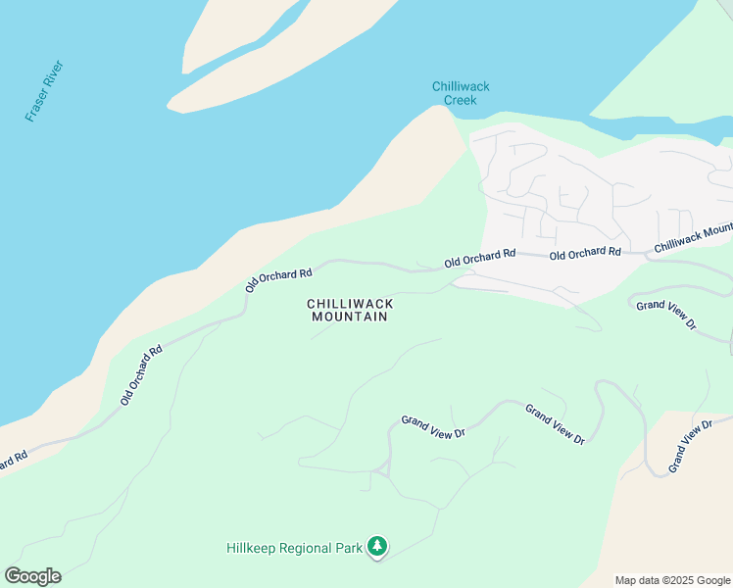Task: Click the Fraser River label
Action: click(x=44, y=91)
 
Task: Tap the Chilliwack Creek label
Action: click(x=461, y=93)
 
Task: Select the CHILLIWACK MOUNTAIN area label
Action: click(x=350, y=311)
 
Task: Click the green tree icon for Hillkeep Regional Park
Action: click(x=377, y=547)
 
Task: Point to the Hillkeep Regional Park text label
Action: click(x=293, y=547)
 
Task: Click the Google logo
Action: click(x=32, y=576)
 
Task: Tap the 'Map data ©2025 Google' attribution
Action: click(x=671, y=580)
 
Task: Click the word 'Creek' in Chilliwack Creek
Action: click(x=461, y=100)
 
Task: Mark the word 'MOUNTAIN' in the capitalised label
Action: click(x=350, y=317)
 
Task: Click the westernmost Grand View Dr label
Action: click(x=432, y=425)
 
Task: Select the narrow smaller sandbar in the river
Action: click(x=211, y=39)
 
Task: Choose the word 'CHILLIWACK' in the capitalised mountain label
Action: click(x=350, y=305)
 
